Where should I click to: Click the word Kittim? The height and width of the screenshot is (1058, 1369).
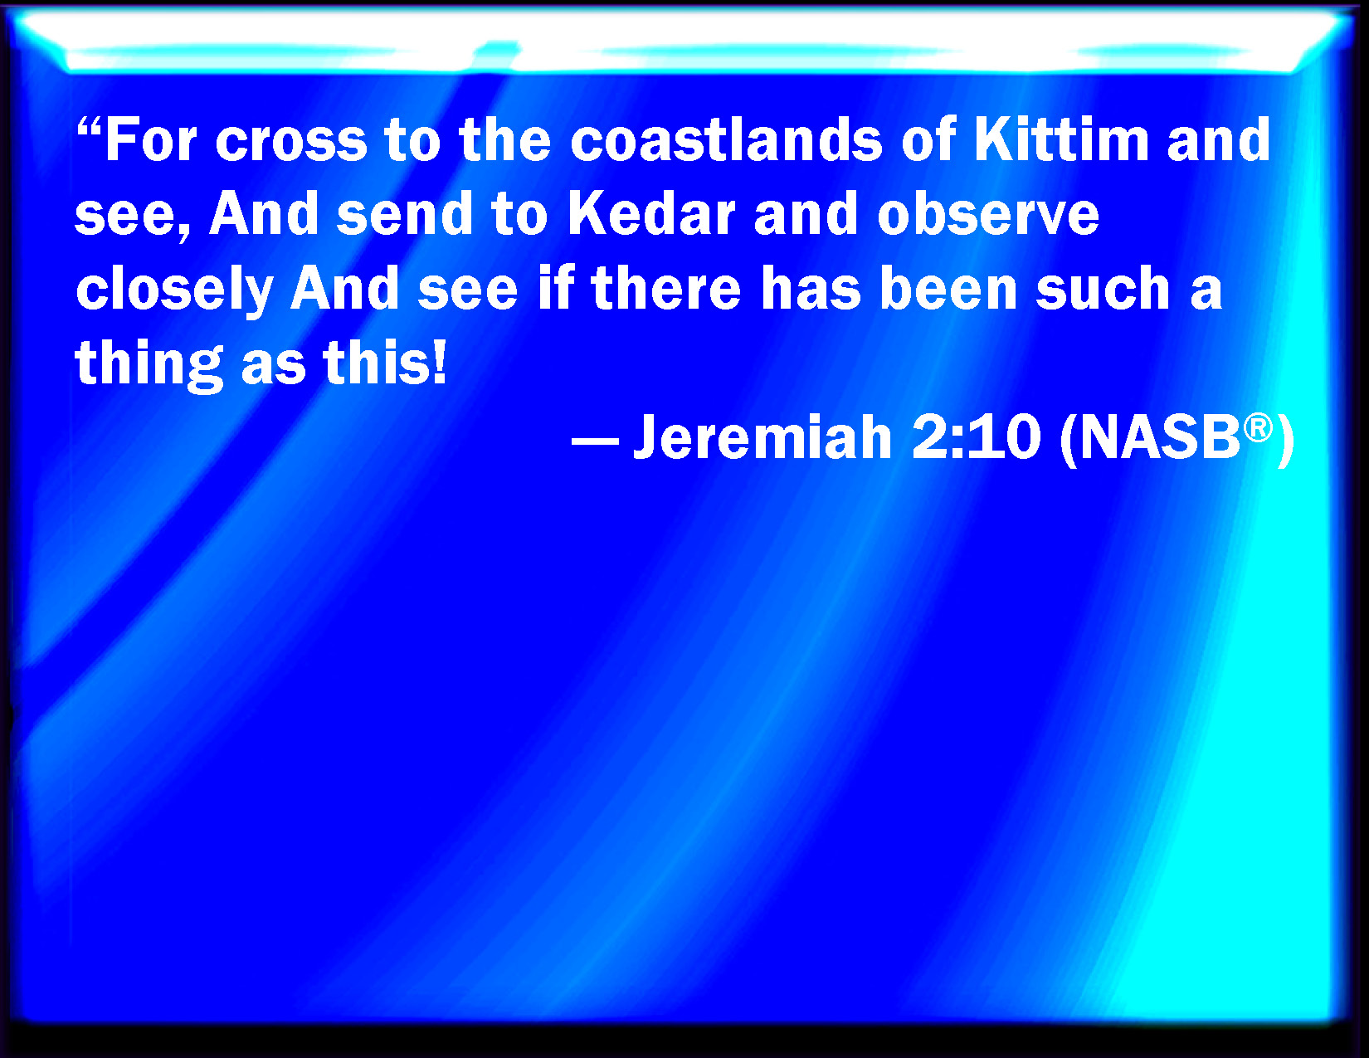click(x=1062, y=139)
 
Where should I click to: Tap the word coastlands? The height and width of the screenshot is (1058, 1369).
click(x=726, y=139)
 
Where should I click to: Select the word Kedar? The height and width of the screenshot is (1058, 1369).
click(x=651, y=213)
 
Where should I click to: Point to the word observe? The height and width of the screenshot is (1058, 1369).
click(x=988, y=213)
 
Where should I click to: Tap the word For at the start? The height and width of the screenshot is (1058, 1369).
click(x=151, y=139)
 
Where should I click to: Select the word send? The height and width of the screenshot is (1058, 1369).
click(x=404, y=213)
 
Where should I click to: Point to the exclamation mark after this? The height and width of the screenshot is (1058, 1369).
click(x=439, y=362)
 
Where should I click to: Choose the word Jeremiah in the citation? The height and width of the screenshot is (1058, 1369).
click(x=763, y=436)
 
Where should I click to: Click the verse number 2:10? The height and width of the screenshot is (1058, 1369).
click(x=976, y=436)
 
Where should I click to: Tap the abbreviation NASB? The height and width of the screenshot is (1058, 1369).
click(x=1160, y=436)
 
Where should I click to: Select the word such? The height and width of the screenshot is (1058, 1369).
click(x=1103, y=288)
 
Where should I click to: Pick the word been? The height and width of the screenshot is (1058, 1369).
click(x=948, y=288)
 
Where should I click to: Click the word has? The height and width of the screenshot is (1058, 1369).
click(x=811, y=288)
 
